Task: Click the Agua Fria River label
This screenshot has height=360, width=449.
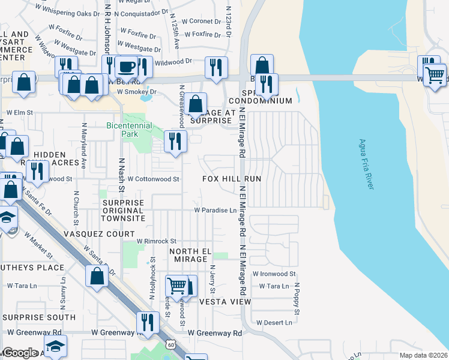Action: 366,164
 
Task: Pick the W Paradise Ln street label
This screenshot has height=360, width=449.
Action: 214,211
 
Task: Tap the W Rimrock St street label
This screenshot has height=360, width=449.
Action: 155,241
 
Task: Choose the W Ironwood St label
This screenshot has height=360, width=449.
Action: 274,274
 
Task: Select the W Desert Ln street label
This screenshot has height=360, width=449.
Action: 274,322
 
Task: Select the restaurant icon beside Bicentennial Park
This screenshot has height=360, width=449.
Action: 175,141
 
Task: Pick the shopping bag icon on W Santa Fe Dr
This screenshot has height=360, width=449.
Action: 97,277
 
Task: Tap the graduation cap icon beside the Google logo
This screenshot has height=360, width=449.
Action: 55,346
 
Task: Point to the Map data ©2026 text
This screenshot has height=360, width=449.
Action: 423,355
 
